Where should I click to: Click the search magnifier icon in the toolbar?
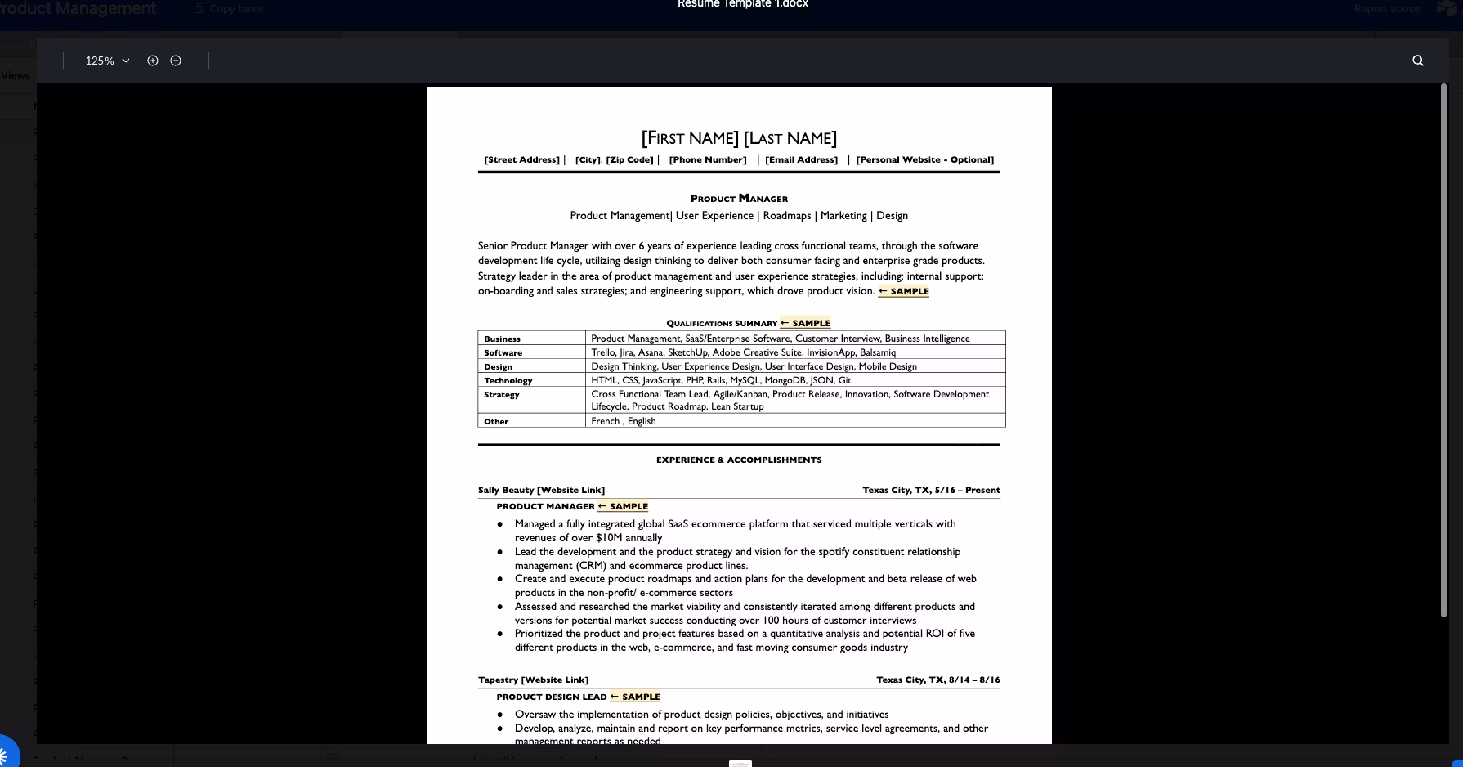[1418, 61]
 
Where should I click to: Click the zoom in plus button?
[153, 61]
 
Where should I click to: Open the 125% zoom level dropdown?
[107, 61]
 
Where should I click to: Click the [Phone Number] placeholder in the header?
[708, 160]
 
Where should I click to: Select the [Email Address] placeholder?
[801, 160]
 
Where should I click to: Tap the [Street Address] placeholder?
[521, 160]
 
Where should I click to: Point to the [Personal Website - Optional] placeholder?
[924, 160]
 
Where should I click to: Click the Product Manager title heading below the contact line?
[739, 199]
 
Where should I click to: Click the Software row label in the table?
[503, 353]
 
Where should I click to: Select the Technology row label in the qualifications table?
[508, 381]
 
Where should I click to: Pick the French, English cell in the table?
[624, 421]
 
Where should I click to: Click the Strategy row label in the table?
[501, 395]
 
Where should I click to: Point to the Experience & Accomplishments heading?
[739, 460]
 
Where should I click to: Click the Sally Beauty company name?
[506, 491]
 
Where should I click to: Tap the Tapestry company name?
[499, 680]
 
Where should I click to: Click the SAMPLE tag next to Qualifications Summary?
[806, 323]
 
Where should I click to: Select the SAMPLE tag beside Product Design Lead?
[636, 697]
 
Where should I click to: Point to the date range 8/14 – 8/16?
[974, 680]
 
